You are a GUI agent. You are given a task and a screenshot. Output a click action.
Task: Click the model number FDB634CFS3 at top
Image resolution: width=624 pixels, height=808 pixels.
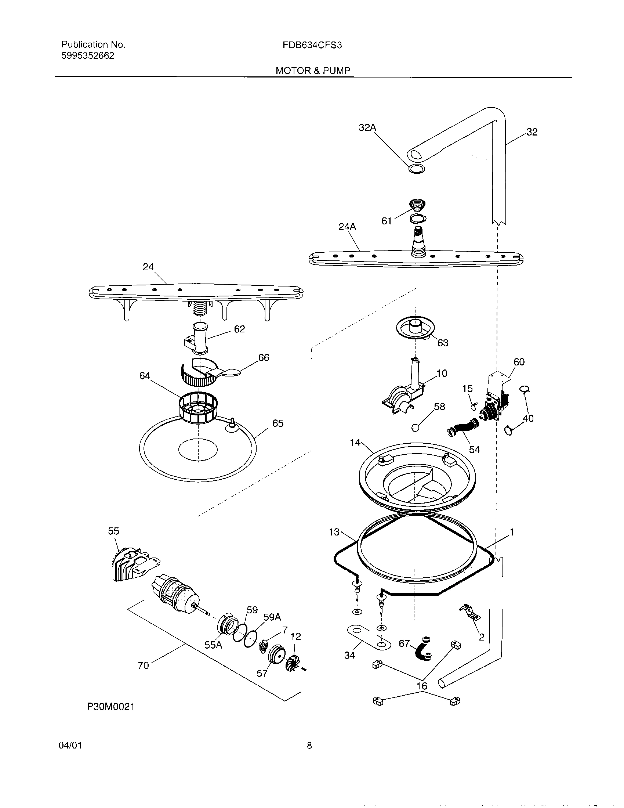click(x=312, y=45)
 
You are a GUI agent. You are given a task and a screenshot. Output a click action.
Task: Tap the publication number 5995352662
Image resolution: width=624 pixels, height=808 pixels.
click(x=88, y=56)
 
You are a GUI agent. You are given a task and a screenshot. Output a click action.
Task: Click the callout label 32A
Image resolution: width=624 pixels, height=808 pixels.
click(x=367, y=128)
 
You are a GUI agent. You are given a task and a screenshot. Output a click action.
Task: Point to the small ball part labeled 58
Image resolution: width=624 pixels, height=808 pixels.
click(x=415, y=427)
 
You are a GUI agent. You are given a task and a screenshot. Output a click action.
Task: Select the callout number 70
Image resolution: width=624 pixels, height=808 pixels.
click(x=143, y=665)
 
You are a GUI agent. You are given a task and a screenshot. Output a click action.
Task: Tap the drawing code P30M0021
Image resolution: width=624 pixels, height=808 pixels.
click(x=110, y=707)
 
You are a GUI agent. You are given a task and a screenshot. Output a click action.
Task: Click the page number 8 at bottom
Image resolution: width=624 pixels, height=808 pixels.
click(x=309, y=746)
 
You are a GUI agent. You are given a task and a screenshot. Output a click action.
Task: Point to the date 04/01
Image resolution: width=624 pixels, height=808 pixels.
click(x=70, y=746)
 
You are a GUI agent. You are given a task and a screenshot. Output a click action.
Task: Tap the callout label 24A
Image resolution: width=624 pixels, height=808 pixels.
click(x=347, y=227)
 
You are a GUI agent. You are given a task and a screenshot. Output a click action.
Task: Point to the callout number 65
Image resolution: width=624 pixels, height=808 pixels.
click(x=277, y=423)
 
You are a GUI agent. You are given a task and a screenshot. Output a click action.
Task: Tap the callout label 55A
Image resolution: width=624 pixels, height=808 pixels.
click(x=213, y=645)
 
